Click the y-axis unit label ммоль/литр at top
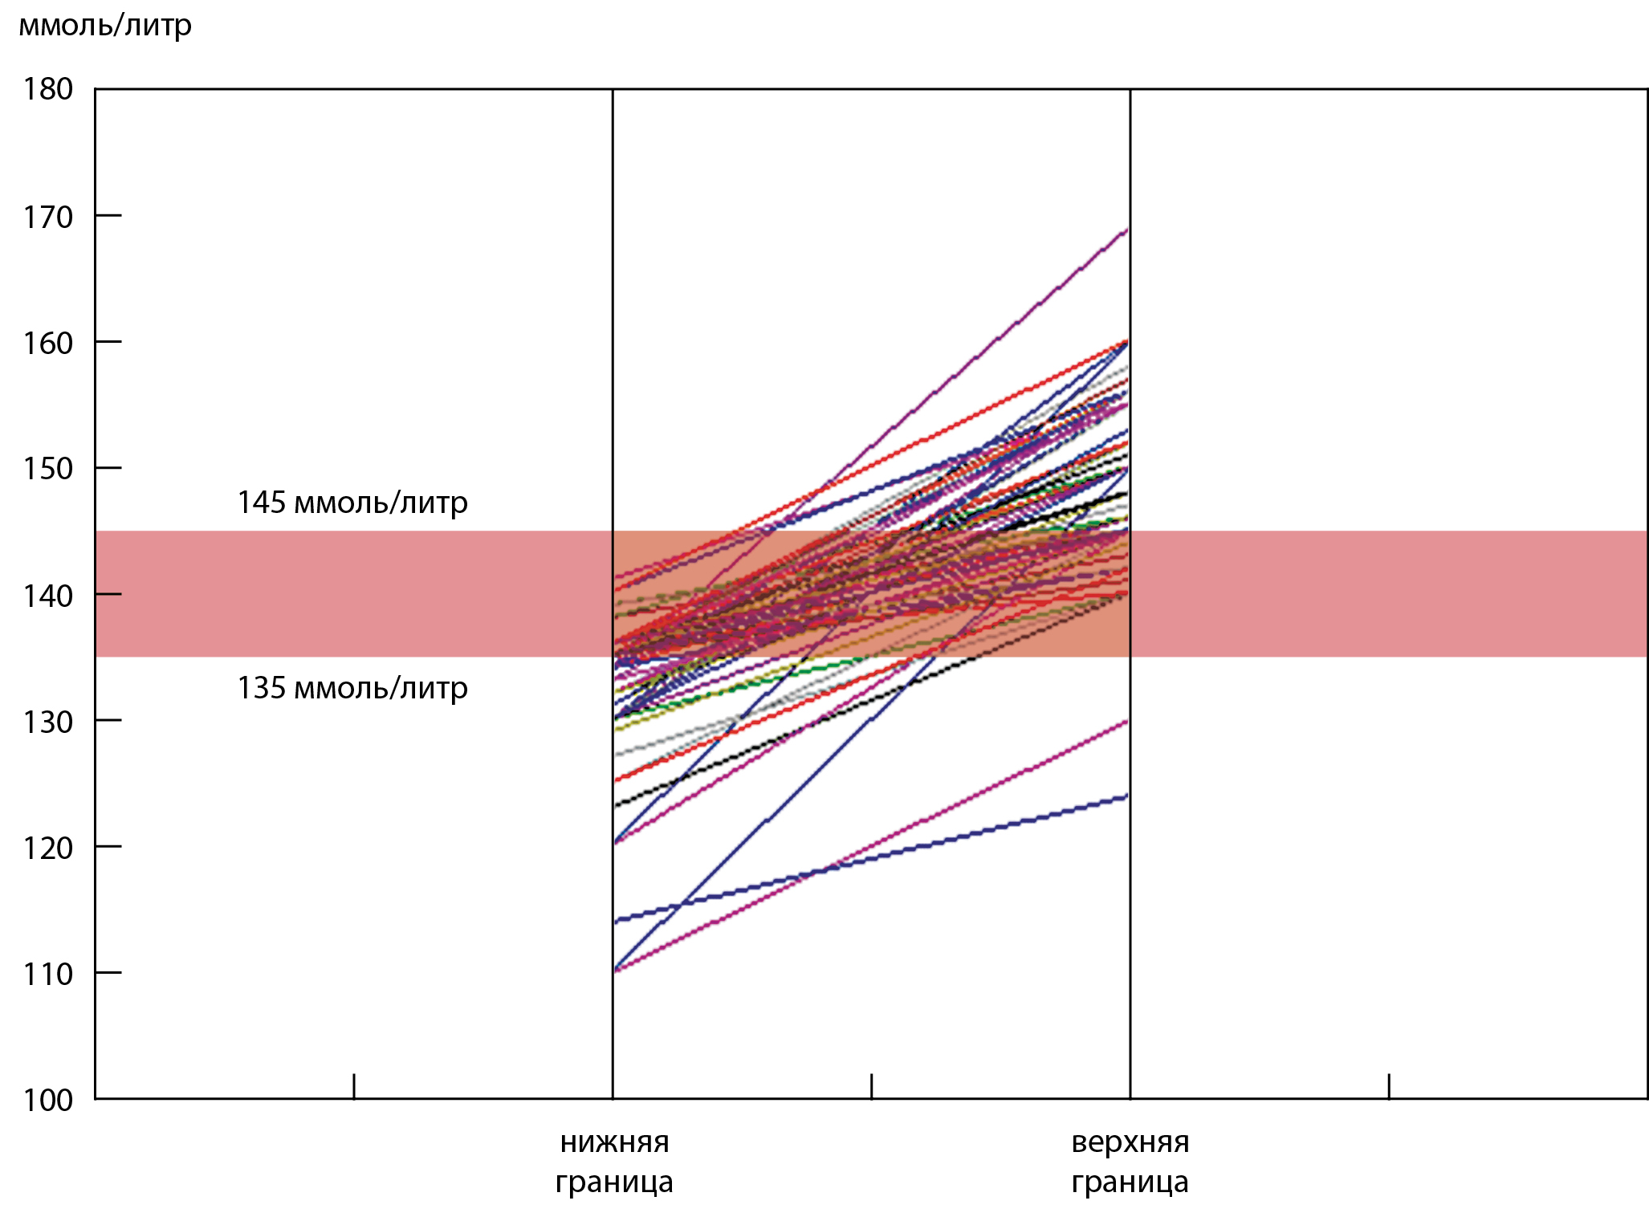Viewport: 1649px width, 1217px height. (105, 26)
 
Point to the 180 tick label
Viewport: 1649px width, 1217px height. (48, 89)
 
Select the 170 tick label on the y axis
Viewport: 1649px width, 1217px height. (48, 217)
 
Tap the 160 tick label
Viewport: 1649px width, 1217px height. (48, 343)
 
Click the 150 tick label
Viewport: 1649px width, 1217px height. (48, 469)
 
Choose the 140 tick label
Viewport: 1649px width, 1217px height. (48, 596)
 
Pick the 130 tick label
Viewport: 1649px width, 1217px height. (48, 722)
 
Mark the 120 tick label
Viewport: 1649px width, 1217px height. (48, 848)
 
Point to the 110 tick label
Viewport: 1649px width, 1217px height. (48, 974)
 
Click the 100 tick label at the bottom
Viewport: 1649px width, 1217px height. (48, 1100)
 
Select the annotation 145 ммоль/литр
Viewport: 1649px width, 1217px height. (352, 503)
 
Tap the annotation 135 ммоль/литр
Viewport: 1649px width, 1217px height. (352, 689)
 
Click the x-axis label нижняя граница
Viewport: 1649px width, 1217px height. (614, 1162)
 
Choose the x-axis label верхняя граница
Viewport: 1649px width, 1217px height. (1130, 1162)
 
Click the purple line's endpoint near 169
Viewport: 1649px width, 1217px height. (1127, 230)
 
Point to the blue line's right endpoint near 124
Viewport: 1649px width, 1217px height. (1127, 796)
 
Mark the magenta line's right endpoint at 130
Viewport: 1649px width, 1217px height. (1127, 721)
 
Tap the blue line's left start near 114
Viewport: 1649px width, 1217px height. (616, 922)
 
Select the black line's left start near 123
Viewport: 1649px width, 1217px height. (616, 805)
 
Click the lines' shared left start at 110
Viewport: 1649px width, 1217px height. (616, 971)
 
